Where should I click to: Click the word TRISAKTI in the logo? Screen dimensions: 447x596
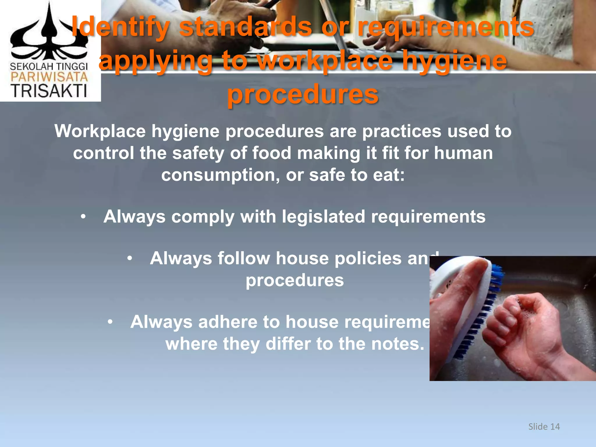(49, 91)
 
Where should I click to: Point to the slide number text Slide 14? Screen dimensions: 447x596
(544, 427)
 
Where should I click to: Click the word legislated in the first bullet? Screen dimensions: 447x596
(323, 217)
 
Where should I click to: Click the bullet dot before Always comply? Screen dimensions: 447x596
(84, 217)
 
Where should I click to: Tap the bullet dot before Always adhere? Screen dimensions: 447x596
(110, 322)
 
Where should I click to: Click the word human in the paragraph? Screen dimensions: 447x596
(463, 153)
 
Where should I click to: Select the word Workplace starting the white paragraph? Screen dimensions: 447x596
(100, 131)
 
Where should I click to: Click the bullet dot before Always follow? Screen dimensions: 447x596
(130, 258)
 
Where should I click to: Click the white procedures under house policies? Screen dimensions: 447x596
(295, 280)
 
